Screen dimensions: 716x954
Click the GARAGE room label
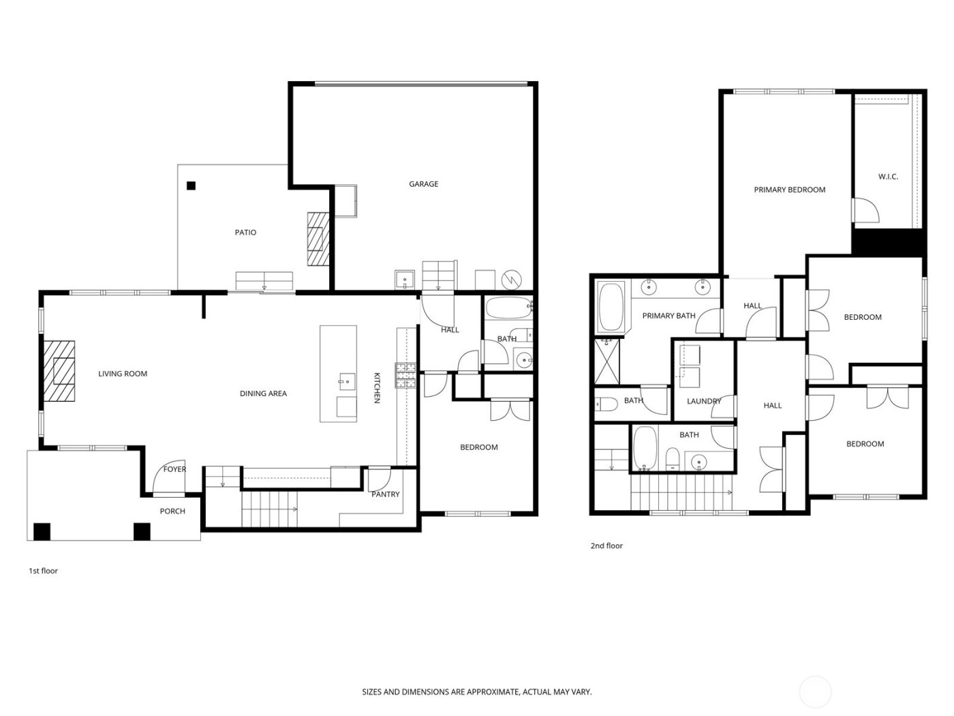point(423,184)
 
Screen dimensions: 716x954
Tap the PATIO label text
point(245,233)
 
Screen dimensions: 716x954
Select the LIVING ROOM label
point(123,374)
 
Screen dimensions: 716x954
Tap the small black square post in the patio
point(191,185)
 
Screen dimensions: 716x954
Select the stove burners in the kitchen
point(406,376)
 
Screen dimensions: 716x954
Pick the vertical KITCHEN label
point(376,388)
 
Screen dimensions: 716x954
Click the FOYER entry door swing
point(167,481)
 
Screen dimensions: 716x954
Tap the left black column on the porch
point(42,531)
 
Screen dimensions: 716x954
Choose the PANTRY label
point(386,494)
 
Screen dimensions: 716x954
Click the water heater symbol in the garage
point(510,279)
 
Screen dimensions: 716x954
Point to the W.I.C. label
point(888,177)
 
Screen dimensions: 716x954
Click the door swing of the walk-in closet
point(865,210)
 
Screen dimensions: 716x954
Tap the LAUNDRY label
point(704,401)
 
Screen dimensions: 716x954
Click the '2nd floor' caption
point(606,546)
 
